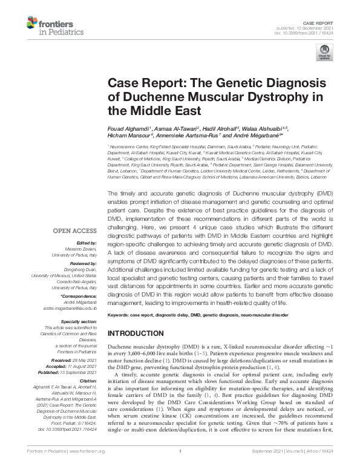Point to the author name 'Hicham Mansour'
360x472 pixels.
click(x=128, y=136)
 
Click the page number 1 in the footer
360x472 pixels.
click(x=180, y=468)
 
